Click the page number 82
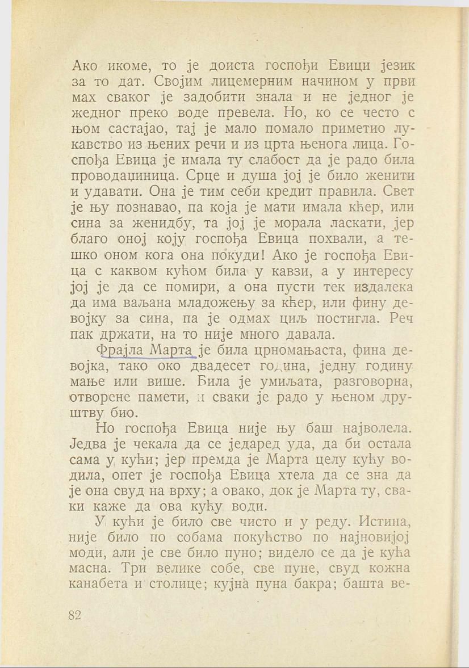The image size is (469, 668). [76, 615]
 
